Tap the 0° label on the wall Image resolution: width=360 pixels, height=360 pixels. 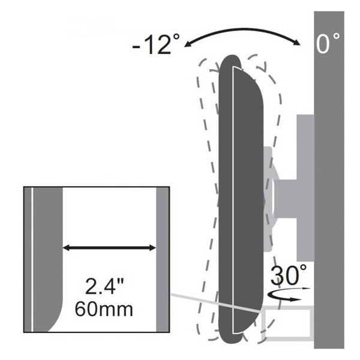tap(328, 43)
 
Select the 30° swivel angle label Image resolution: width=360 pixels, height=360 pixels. tap(289, 275)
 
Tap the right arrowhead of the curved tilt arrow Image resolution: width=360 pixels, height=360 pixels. tap(297, 42)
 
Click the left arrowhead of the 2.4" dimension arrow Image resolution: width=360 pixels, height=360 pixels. tap(67, 248)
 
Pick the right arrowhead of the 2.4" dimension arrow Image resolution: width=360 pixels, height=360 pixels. tap(152, 248)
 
